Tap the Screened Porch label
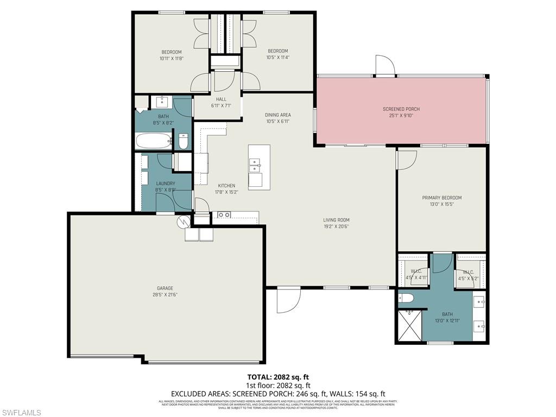(401, 109)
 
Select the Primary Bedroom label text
(442, 198)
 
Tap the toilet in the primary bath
(406, 298)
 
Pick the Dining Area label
(277, 115)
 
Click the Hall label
(221, 99)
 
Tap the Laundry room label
(165, 184)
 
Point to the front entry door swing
(288, 300)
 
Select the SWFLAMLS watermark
(21, 413)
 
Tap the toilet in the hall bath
(183, 143)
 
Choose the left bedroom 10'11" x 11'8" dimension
(171, 58)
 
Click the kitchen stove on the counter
(224, 215)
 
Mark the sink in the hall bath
(162, 102)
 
